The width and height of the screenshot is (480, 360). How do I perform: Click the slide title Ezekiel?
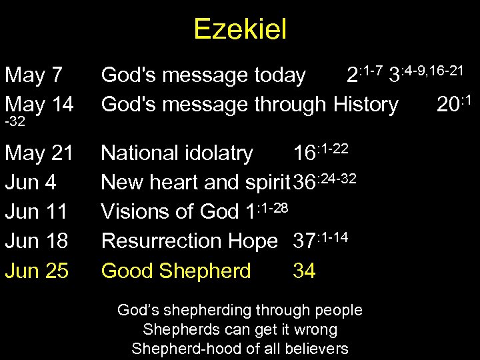240,29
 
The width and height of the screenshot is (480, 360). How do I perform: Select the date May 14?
39,105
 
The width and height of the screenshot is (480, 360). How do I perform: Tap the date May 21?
39,154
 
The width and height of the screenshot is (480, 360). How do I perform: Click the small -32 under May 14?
15,123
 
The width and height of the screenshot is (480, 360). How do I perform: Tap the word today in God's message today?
277,76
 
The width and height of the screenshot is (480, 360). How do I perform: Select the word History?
365,105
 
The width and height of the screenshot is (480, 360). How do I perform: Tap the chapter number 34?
305,270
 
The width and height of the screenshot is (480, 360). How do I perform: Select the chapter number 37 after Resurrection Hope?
305,241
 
